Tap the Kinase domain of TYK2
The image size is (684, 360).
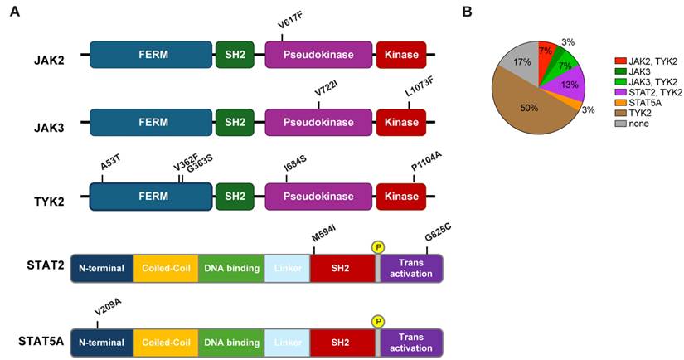[x=401, y=195]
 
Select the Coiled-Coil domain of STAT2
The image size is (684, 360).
[x=166, y=269]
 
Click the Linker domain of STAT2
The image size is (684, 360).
[x=287, y=269]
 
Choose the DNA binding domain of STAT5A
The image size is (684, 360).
[x=230, y=341]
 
